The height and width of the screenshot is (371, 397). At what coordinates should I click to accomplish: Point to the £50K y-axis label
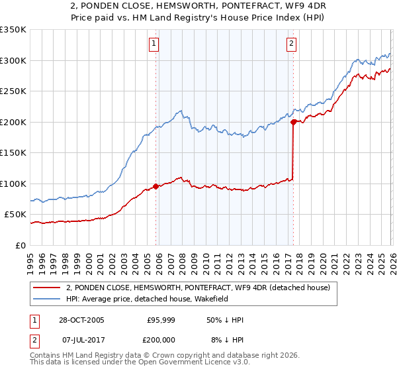(15, 215)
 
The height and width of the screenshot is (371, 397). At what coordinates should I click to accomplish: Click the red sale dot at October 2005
(156, 186)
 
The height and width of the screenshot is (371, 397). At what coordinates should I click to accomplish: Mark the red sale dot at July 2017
(292, 122)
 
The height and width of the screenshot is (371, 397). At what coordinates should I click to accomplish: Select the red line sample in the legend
(46, 287)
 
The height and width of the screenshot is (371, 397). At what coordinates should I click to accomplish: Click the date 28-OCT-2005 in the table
(80, 320)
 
